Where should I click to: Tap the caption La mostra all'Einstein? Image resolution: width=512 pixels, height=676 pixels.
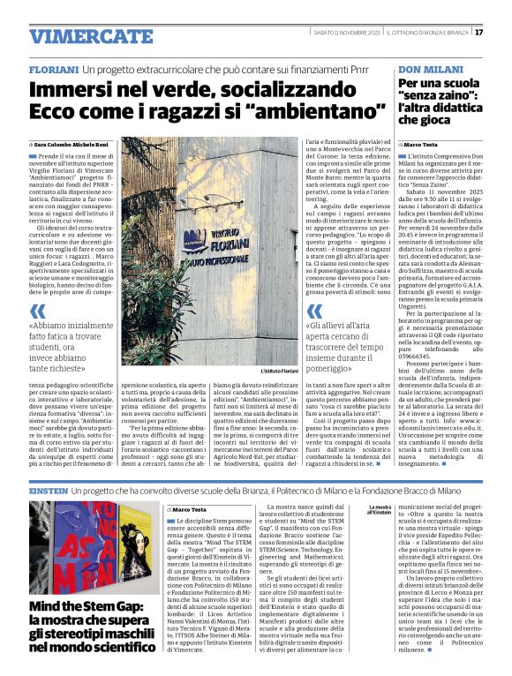pos(380,511)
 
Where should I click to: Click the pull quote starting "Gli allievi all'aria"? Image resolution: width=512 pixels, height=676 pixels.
pos(348,341)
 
